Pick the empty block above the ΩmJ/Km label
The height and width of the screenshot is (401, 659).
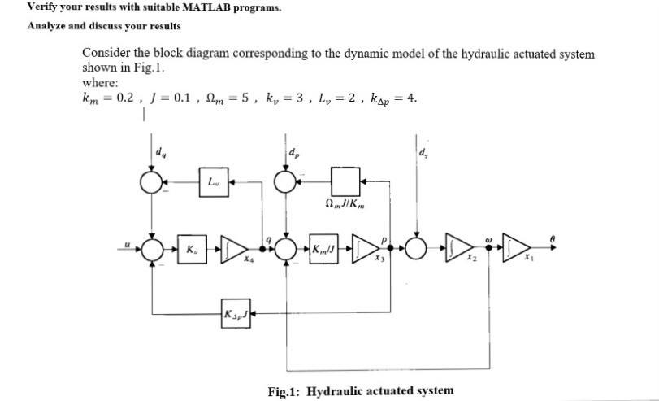[x=344, y=181]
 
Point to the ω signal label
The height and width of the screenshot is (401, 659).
[x=488, y=240]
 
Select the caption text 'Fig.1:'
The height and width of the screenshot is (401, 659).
[x=284, y=390]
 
